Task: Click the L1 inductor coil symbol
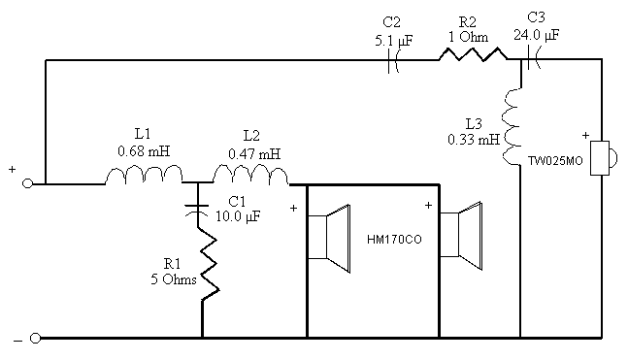(145, 175)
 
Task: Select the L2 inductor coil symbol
(250, 175)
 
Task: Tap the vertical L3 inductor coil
(512, 127)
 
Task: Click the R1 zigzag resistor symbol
(209, 265)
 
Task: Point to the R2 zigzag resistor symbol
(473, 54)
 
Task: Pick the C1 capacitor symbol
(197, 210)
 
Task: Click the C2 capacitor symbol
(393, 60)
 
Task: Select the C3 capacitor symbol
(534, 58)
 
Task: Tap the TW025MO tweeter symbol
(604, 158)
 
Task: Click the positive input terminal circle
(27, 183)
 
